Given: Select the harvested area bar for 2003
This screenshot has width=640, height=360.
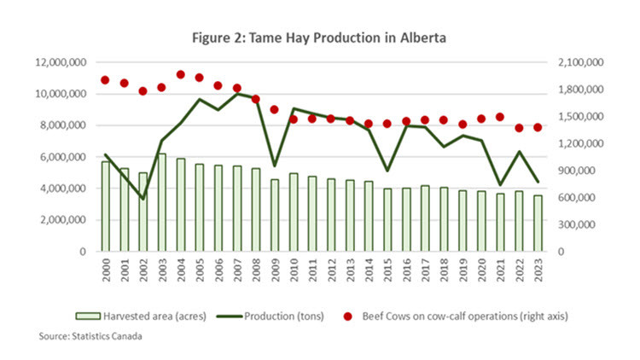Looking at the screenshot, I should click(161, 203).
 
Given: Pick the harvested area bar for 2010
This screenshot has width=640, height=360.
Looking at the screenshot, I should click(292, 212).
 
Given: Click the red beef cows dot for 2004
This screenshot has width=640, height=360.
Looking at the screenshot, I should click(180, 75).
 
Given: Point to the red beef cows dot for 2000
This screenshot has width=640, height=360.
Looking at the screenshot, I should click(105, 80).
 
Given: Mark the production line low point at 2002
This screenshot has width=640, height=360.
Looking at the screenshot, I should click(143, 199).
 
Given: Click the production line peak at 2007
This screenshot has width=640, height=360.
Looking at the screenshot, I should click(236, 93).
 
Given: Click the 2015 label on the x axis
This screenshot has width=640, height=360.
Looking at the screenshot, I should click(386, 271).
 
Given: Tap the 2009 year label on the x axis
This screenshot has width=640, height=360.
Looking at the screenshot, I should click(274, 271).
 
